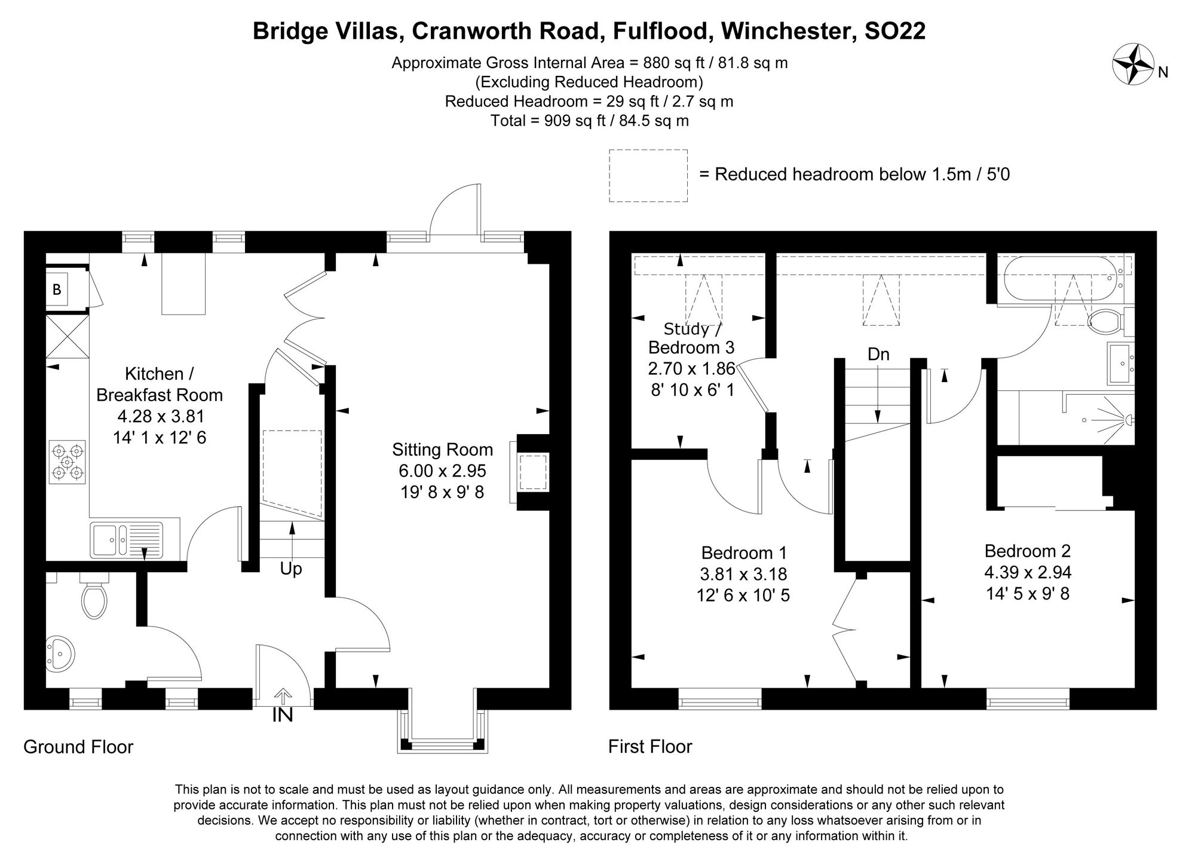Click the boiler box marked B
click(x=57, y=290)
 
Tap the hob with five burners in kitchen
click(x=68, y=462)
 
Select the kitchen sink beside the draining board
click(x=106, y=540)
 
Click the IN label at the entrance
click(x=283, y=714)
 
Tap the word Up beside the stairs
click(x=291, y=569)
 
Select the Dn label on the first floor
click(x=878, y=354)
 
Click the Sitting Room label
click(x=442, y=450)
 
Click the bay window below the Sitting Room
click(x=443, y=729)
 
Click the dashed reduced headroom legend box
click(x=648, y=176)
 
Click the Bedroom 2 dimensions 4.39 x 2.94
click(x=1028, y=572)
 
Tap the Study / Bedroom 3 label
click(x=692, y=338)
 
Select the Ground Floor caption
click(x=78, y=747)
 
